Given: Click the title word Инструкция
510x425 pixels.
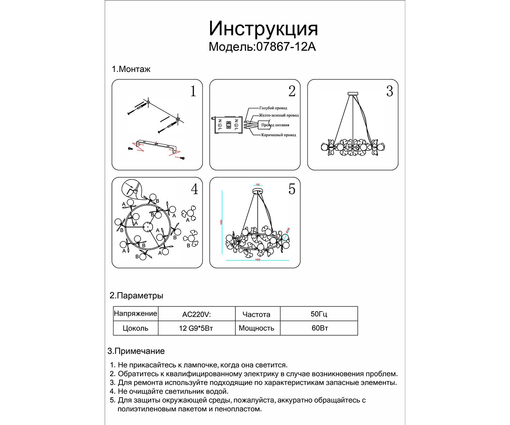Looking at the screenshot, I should pos(263,29).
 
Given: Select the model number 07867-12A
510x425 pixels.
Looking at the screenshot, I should pos(286,47).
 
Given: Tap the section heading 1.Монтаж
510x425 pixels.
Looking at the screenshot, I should pos(131,69).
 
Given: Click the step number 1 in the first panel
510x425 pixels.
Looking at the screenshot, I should pos(193,91).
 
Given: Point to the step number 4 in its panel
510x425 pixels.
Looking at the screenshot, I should pos(194,189).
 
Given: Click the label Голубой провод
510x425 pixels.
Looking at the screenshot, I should pos(273,108).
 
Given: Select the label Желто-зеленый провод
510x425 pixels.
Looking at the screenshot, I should pos(279,116).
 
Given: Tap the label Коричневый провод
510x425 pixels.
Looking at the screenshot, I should pos(279,135).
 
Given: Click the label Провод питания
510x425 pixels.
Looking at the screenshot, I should pos(275,125).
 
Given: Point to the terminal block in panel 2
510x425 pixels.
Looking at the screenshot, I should pos(228,125).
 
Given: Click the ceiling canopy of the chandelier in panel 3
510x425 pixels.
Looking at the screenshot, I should pos(353,94).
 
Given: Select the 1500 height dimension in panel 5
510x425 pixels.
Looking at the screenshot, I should pos(221,222).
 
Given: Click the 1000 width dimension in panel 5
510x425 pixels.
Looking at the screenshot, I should pos(257,260).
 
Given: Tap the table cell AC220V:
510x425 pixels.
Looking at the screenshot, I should pos(197,314).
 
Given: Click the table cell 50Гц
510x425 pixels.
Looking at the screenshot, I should pos(319,314).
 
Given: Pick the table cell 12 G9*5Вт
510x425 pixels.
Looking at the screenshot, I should pos(196,328).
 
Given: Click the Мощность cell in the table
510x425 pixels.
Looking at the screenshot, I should pos(256,328).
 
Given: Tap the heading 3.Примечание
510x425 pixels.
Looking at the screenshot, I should pos(136,351).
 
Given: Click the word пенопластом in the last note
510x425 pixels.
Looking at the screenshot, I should pos(238,409).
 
